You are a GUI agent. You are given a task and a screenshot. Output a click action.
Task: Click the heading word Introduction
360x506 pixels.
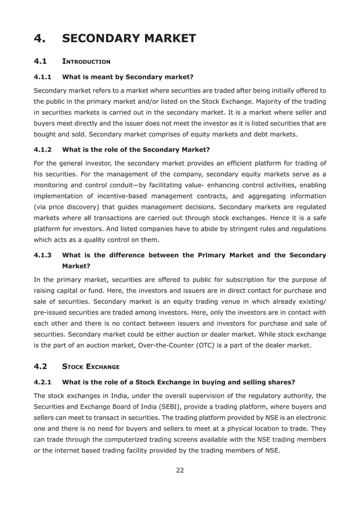[x=86, y=60]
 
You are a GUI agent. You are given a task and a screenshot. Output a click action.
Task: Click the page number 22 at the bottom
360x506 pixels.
[x=179, y=470]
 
